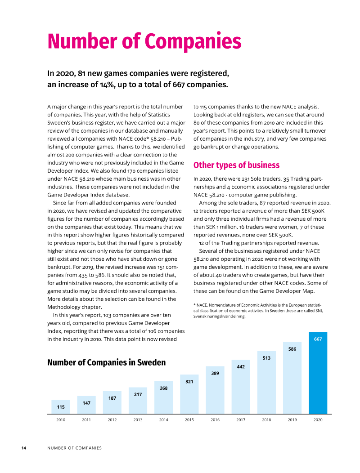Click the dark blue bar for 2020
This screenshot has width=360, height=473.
(x=318, y=373)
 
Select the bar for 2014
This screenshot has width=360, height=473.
(x=163, y=397)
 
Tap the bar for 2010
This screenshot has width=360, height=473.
(x=61, y=407)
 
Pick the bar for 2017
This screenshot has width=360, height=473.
(x=241, y=387)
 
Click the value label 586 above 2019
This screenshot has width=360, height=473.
(x=292, y=349)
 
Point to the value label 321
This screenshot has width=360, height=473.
(x=189, y=382)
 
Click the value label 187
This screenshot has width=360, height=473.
(x=112, y=398)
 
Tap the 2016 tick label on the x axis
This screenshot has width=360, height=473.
(x=215, y=419)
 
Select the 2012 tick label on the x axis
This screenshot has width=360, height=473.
(x=112, y=419)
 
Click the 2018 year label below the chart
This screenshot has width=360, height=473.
(x=266, y=419)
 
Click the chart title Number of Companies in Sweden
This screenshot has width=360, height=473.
(x=106, y=362)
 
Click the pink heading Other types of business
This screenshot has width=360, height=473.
(x=237, y=165)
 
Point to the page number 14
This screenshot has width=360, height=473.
(x=23, y=448)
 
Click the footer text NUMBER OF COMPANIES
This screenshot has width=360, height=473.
(x=74, y=448)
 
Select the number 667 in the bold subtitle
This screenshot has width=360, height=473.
(x=179, y=85)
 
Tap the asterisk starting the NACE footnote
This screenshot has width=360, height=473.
(x=194, y=305)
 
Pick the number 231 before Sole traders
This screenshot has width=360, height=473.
(x=246, y=179)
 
